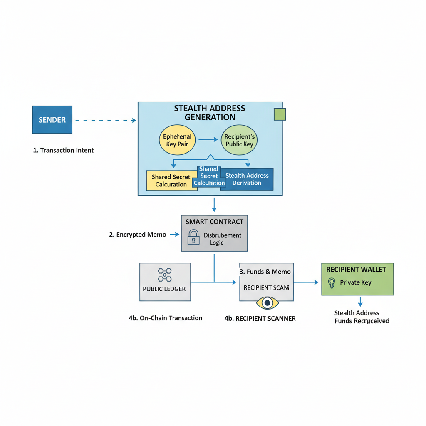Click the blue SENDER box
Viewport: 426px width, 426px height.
(52, 120)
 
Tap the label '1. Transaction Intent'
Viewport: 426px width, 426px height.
(63, 150)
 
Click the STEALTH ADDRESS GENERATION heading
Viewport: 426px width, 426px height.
(210, 112)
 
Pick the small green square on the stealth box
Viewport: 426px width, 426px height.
(280, 114)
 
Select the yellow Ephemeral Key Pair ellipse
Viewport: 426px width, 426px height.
(177, 140)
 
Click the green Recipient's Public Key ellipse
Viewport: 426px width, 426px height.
(239, 140)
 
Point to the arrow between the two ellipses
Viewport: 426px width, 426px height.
(208, 140)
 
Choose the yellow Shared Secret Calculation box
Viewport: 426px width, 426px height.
(171, 181)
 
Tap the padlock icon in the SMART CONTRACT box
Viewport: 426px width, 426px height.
(193, 237)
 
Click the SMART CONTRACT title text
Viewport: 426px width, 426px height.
(214, 222)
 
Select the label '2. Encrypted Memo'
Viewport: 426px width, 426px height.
(137, 235)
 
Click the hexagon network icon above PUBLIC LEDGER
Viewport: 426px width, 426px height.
(165, 275)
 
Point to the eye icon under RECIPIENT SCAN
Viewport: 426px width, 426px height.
(267, 302)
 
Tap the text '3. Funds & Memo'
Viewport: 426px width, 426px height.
(265, 272)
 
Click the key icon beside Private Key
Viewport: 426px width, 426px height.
(332, 283)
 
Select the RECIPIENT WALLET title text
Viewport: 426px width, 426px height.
(356, 270)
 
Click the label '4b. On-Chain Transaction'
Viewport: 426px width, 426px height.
(166, 318)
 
